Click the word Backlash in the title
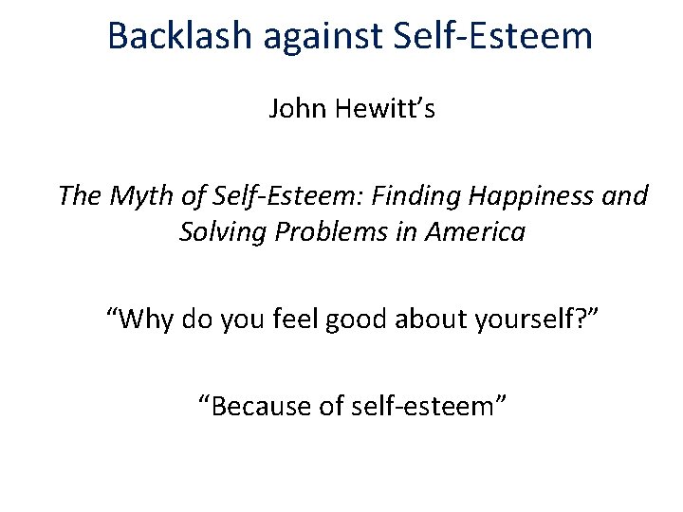[179, 36]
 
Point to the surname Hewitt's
[382, 109]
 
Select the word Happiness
[534, 196]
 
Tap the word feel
[292, 320]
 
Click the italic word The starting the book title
[77, 196]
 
